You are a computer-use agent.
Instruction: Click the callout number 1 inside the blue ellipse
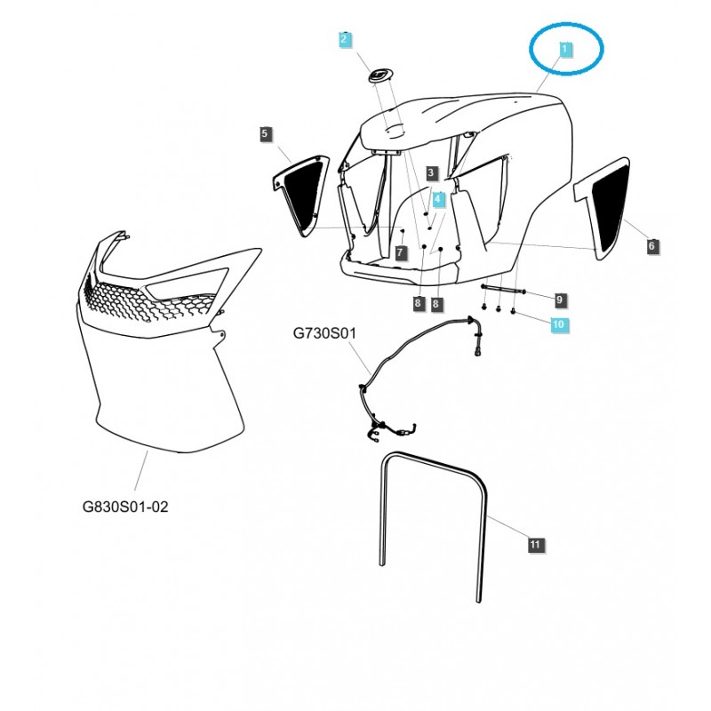click(x=563, y=49)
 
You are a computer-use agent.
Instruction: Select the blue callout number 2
click(x=345, y=40)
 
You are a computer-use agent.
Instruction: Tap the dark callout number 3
click(x=431, y=172)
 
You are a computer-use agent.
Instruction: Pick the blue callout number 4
click(x=437, y=199)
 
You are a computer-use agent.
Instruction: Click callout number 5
click(x=265, y=134)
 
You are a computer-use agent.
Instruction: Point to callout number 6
click(x=652, y=245)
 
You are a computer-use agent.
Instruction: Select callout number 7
click(x=401, y=253)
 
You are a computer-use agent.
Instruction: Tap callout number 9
click(x=559, y=298)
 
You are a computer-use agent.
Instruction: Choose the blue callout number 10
click(x=558, y=325)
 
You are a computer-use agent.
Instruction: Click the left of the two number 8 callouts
click(x=418, y=304)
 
